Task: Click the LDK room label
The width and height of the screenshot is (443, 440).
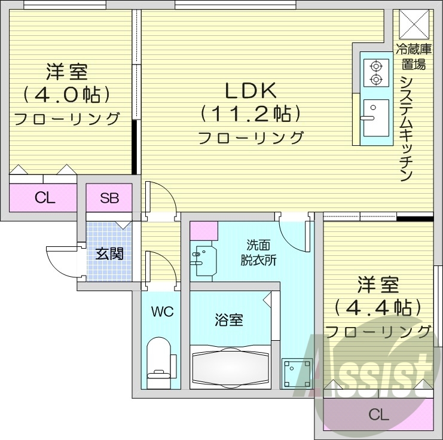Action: pos(250,90)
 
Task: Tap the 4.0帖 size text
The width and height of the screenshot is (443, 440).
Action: pos(67,94)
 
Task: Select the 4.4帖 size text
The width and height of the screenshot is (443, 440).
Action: pos(378,307)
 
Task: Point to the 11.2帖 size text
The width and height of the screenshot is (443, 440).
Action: pos(250,112)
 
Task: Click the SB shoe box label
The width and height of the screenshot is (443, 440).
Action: pos(109,198)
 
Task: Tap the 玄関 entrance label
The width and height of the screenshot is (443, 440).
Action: pos(109,253)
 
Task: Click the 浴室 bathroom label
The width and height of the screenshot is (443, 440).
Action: pos(229,320)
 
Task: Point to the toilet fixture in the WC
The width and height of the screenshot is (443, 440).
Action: pos(159,360)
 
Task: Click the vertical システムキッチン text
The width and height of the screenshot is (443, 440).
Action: pos(406,129)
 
